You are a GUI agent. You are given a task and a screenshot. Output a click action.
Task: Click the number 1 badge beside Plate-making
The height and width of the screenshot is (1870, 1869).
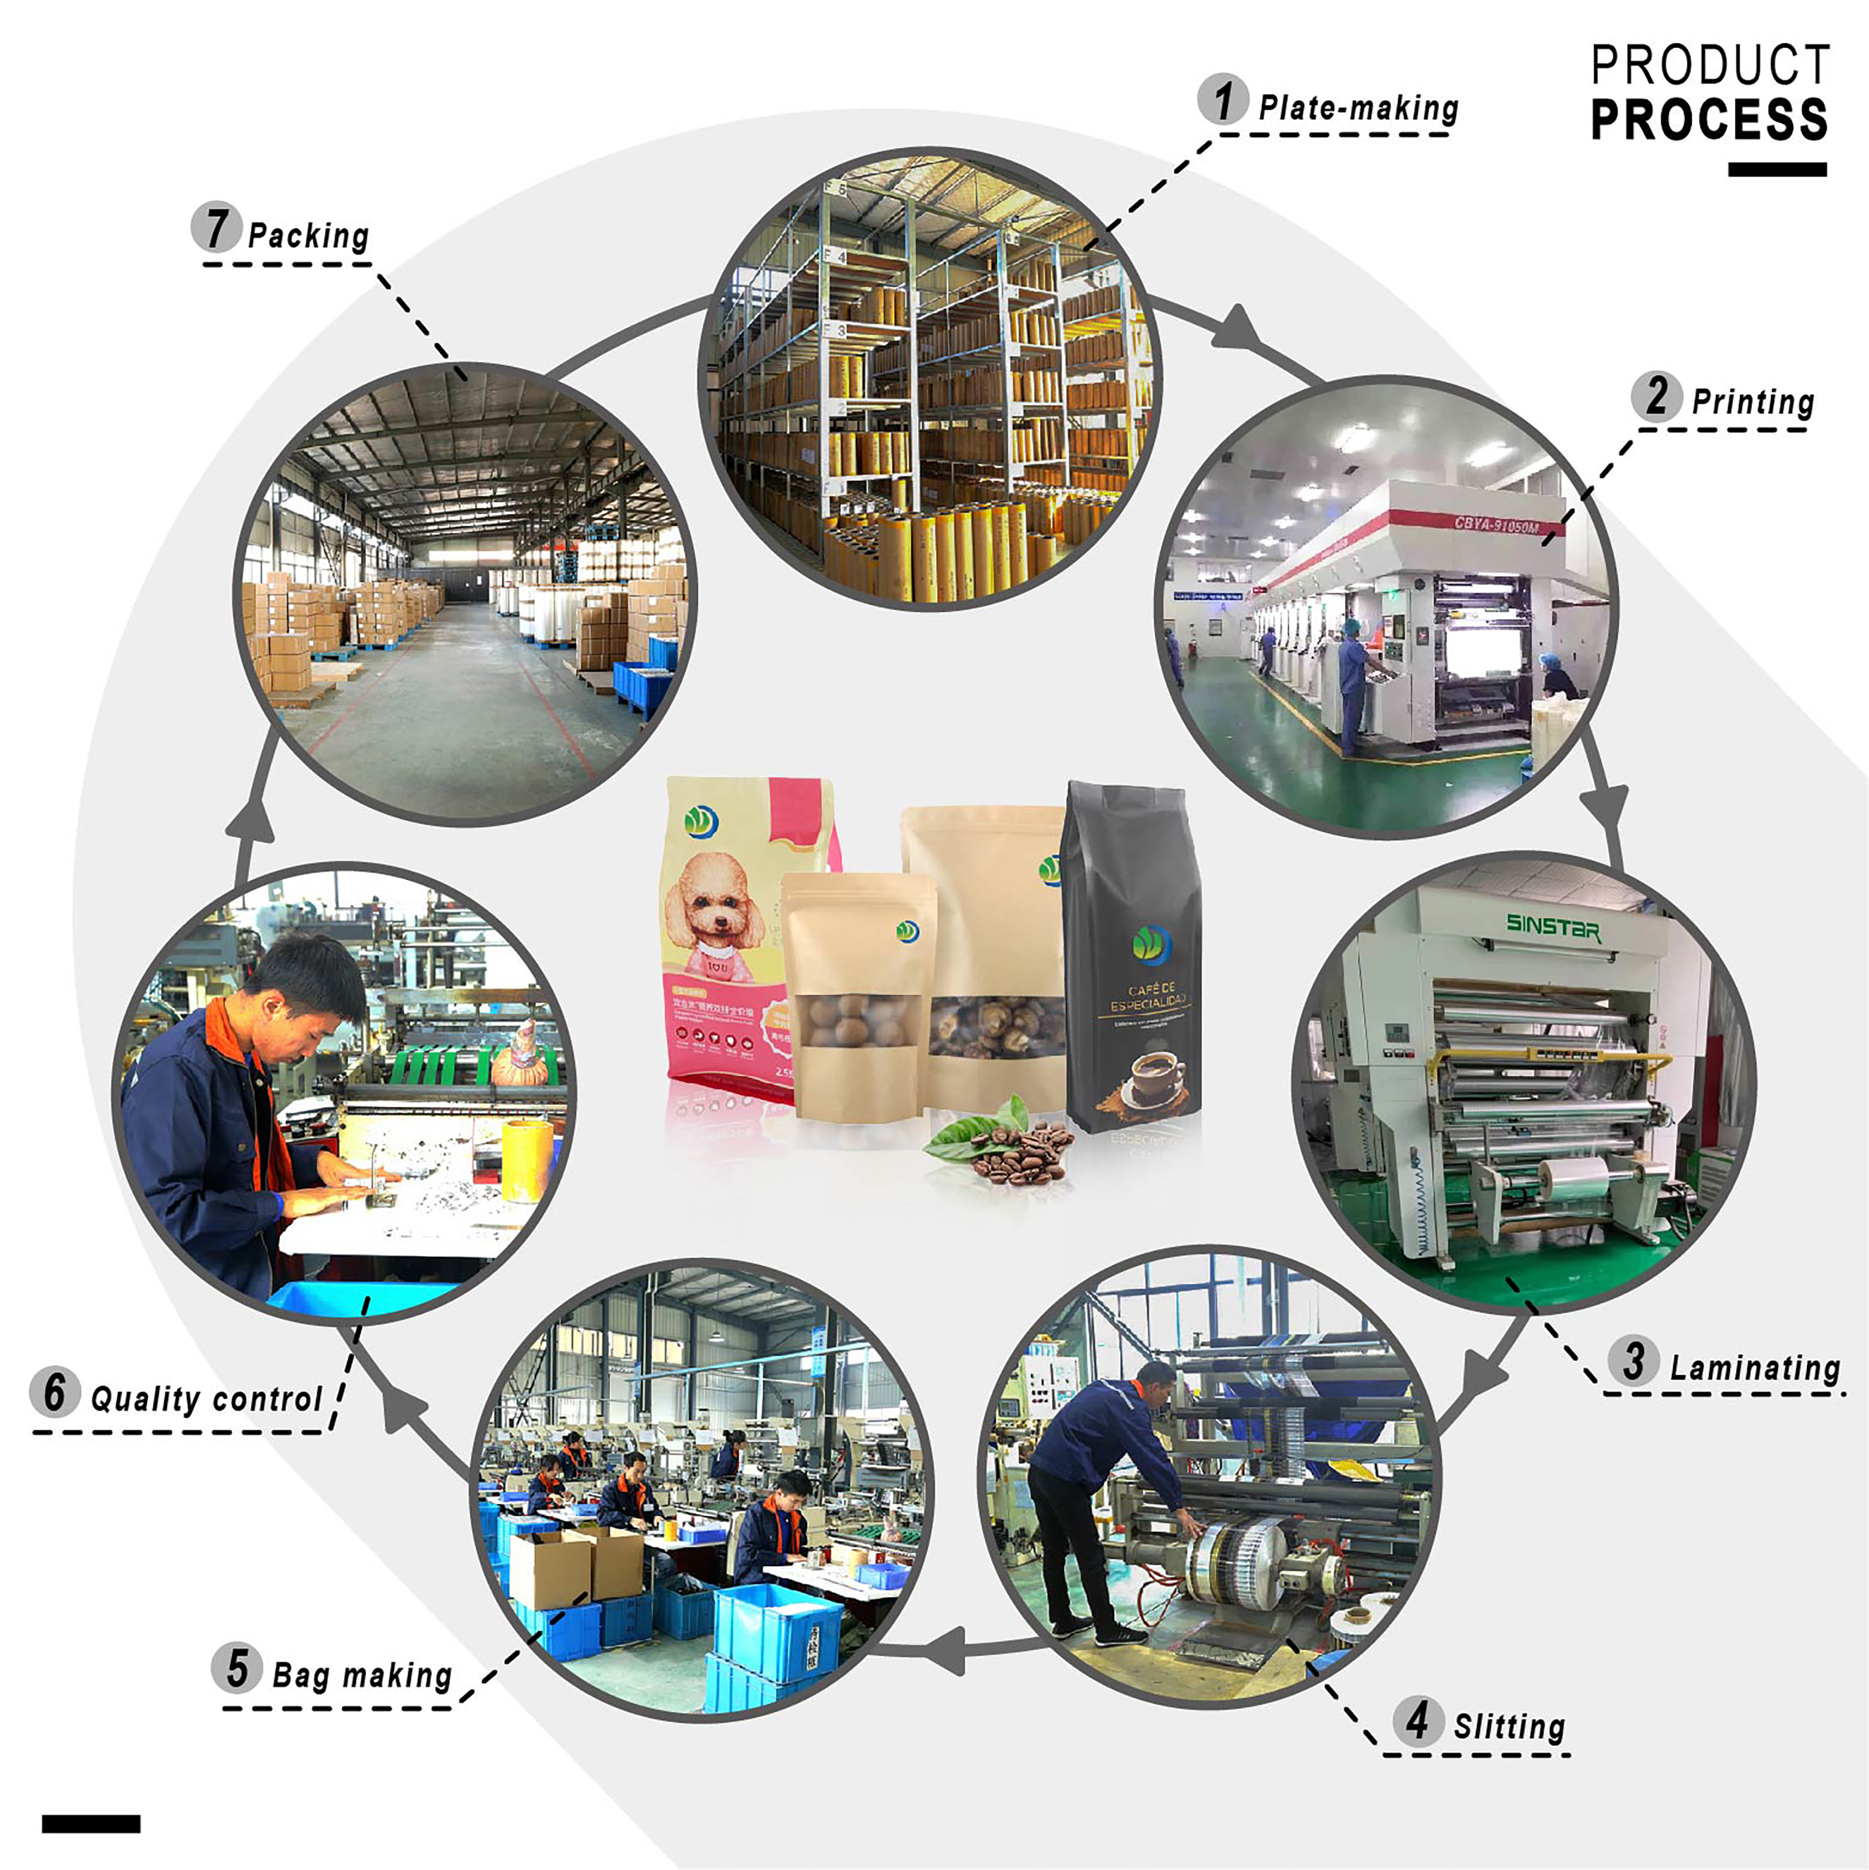[1222, 100]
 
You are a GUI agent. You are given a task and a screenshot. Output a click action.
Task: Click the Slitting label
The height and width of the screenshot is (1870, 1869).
[1509, 1726]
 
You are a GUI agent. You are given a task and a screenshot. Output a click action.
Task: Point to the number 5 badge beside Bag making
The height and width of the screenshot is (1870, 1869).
[237, 1668]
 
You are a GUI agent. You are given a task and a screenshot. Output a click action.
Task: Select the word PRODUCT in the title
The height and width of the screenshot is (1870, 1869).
[1711, 66]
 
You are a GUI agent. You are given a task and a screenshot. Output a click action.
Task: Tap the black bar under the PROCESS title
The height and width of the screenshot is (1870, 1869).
[1777, 169]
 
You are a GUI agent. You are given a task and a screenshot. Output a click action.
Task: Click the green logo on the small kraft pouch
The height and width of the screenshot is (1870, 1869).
[907, 931]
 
